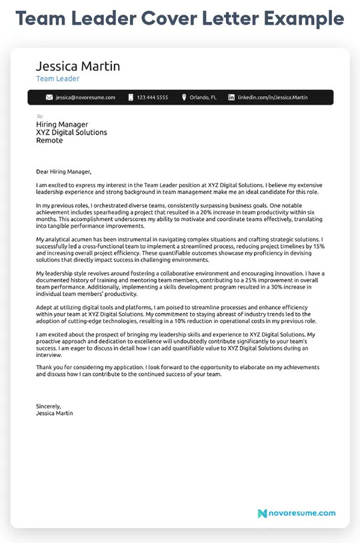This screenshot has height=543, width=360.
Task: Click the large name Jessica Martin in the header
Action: point(78,66)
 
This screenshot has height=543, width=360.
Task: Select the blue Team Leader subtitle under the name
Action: point(57,79)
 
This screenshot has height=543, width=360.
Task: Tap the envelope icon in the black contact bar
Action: point(49,97)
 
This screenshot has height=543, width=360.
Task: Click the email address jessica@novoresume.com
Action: point(85,97)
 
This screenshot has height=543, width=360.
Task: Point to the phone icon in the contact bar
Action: point(131,97)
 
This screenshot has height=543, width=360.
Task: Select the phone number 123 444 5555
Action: point(153,97)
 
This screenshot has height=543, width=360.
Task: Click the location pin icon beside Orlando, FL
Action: point(184,97)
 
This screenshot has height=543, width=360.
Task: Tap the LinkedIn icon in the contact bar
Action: point(231,97)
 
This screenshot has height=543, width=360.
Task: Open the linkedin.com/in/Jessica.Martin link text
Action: point(273,97)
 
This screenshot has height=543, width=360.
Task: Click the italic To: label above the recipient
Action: point(39,117)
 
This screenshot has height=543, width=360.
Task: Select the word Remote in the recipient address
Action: point(49,141)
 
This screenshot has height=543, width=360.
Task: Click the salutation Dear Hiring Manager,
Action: point(63,171)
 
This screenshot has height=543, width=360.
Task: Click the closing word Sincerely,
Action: point(49,406)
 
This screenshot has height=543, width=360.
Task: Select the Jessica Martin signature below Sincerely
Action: point(55,413)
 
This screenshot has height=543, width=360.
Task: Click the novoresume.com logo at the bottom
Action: point(297,512)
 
